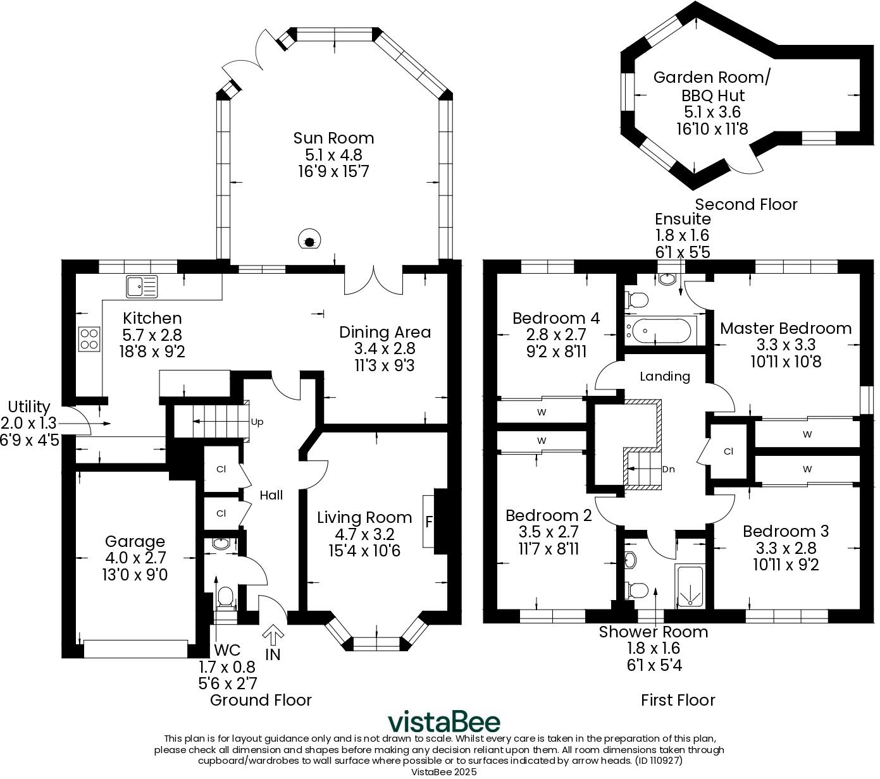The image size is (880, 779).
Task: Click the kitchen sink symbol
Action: click(142, 286)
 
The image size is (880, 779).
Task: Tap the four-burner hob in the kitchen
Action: click(89, 338)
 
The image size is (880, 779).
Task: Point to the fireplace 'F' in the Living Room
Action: click(430, 522)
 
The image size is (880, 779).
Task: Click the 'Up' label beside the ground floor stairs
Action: click(257, 422)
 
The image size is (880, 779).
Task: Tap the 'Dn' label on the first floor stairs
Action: click(668, 469)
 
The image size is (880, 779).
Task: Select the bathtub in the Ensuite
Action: click(660, 329)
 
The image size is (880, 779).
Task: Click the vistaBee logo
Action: click(443, 721)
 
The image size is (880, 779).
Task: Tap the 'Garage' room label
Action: click(135, 541)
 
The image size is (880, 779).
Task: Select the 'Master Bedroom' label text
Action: click(785, 328)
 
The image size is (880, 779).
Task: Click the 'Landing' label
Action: click(664, 376)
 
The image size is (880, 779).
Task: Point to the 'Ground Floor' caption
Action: click(261, 700)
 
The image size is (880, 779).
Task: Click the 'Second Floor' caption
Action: click(746, 204)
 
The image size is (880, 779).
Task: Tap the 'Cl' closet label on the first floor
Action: click(728, 451)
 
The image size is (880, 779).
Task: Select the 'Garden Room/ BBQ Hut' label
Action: click(712, 87)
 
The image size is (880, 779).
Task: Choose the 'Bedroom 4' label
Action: click(555, 317)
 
